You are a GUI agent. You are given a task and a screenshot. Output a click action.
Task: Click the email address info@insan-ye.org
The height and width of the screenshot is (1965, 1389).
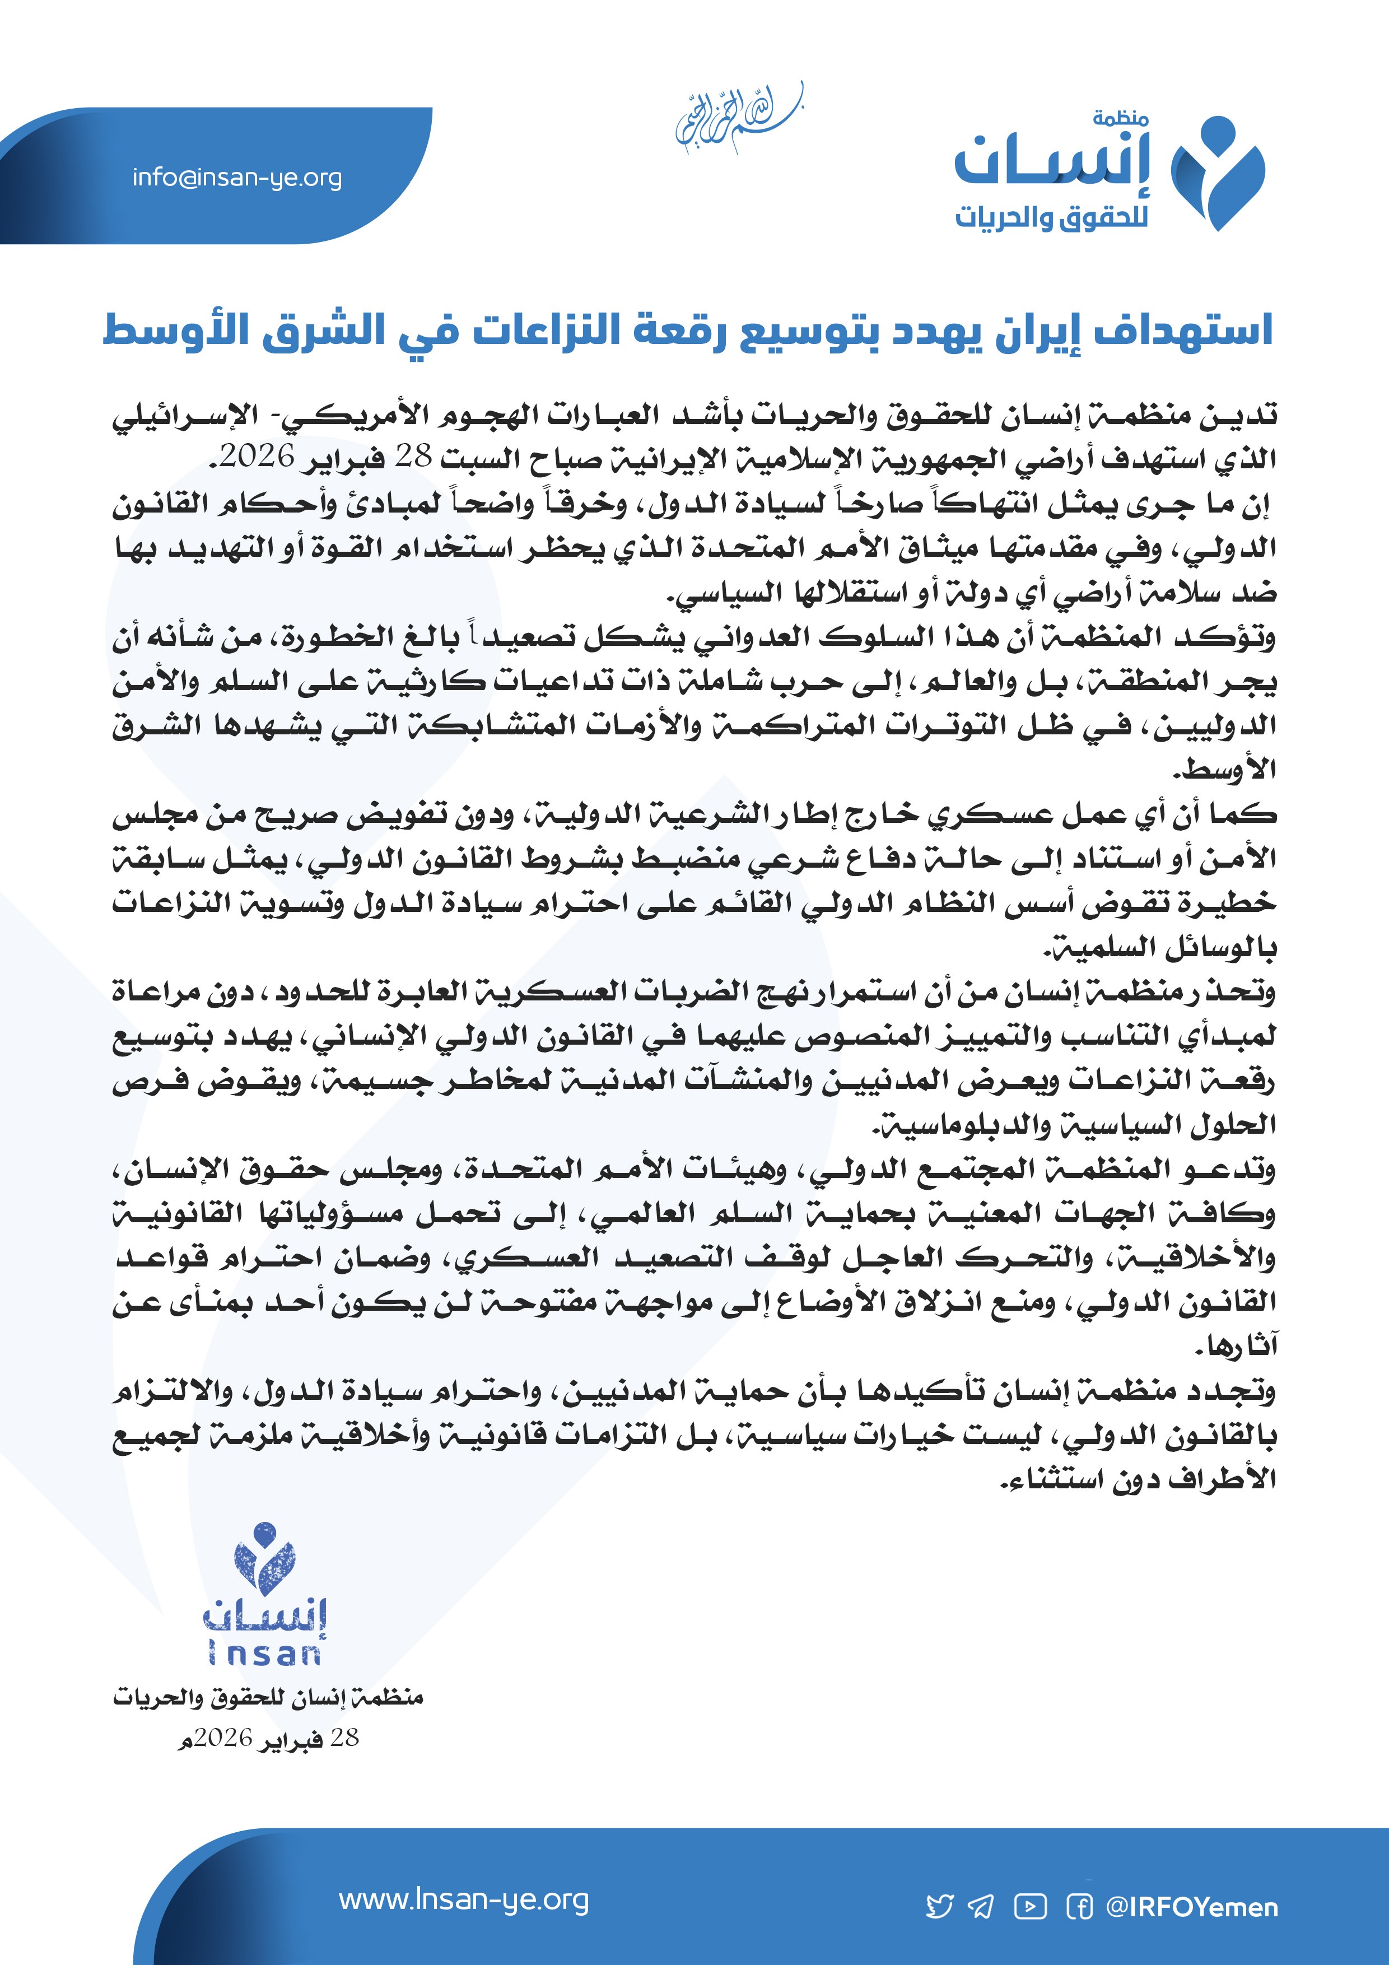point(237,178)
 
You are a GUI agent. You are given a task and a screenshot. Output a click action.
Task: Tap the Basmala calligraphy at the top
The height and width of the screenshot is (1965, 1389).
point(738,120)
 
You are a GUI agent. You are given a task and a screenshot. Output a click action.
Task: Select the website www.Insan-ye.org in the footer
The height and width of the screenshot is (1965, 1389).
point(464,1900)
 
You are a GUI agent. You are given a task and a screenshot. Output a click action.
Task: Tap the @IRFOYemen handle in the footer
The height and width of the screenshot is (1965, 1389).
point(1191,1907)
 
